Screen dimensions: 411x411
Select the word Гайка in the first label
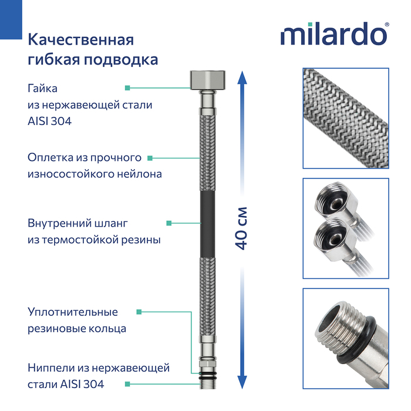click(43, 88)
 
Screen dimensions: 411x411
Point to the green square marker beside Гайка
click(127, 88)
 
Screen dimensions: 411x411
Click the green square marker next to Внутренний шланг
click(169, 223)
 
